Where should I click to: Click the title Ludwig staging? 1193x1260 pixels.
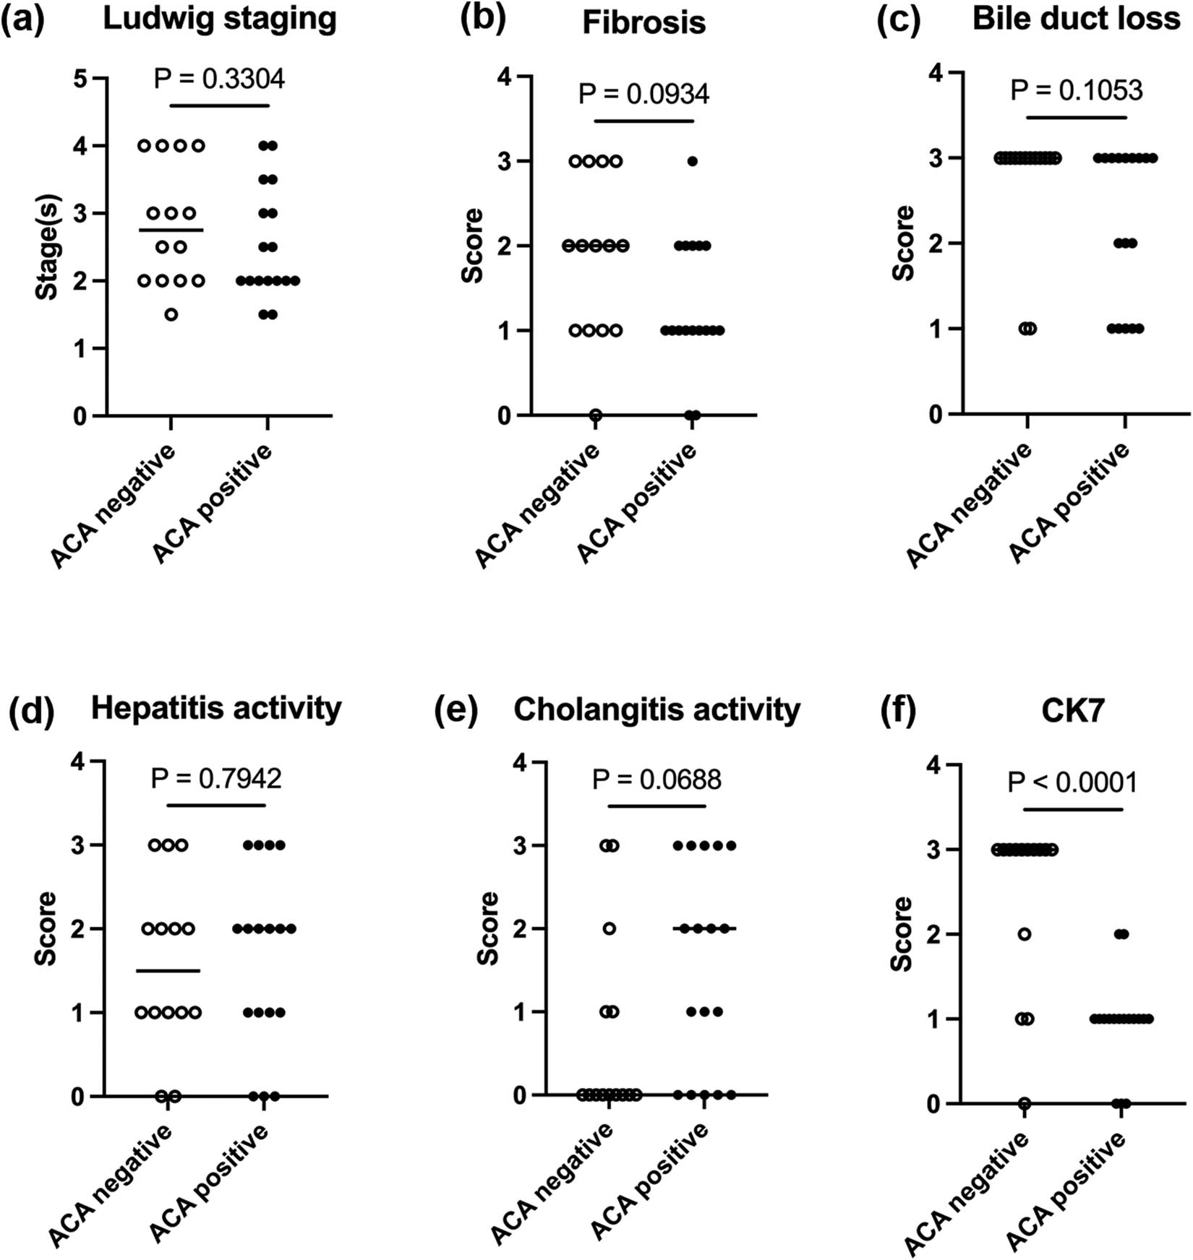coord(220,19)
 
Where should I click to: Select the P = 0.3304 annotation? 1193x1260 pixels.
coord(219,79)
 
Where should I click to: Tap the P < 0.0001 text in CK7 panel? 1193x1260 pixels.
coord(1072,782)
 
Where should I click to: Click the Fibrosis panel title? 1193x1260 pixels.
coord(643,22)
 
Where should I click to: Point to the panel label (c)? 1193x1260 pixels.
coord(898,20)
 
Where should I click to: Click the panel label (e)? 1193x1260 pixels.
coord(456,709)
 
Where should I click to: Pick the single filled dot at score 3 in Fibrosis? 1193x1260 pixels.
coord(692,161)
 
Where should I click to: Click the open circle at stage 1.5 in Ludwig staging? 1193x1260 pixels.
coord(171,314)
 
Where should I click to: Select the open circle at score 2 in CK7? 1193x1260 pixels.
coord(1025,934)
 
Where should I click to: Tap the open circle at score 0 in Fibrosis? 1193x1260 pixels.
coord(596,415)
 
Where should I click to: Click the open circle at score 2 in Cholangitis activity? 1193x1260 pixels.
coord(610,928)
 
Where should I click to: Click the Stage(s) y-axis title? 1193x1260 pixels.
coord(48,247)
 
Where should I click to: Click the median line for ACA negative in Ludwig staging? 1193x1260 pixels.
coord(171,230)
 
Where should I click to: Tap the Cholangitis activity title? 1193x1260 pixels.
coord(657,709)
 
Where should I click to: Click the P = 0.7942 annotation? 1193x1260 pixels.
coord(216,778)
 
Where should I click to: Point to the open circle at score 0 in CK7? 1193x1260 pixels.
coord(1025,1103)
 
